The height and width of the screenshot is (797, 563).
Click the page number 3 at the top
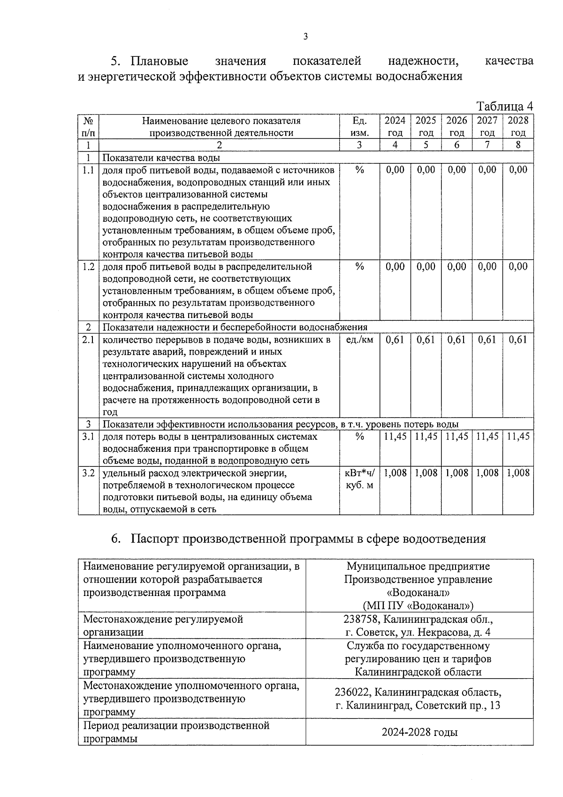[x=305, y=37]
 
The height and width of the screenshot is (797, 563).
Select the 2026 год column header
[x=456, y=126]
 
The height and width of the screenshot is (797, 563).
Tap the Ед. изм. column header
[x=359, y=126]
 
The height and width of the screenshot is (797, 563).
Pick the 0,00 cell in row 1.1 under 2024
[x=395, y=170]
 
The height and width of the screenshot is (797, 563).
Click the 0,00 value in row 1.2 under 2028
[x=518, y=267]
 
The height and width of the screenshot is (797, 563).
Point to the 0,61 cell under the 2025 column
[x=426, y=340]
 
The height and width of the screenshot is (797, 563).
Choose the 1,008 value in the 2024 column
[x=395, y=473]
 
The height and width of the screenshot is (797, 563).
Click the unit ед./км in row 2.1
[x=359, y=340]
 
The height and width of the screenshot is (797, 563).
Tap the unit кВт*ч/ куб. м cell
[x=359, y=479]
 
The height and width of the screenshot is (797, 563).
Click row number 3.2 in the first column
[x=88, y=473]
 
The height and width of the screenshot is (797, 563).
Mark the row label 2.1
[x=88, y=340]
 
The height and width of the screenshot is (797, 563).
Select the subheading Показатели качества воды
[x=161, y=158]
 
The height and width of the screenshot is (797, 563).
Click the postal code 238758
[x=362, y=619]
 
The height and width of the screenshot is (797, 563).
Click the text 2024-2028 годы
[x=419, y=732]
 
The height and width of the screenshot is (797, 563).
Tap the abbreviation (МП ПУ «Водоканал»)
[x=418, y=605]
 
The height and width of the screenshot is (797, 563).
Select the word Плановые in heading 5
[x=160, y=61]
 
